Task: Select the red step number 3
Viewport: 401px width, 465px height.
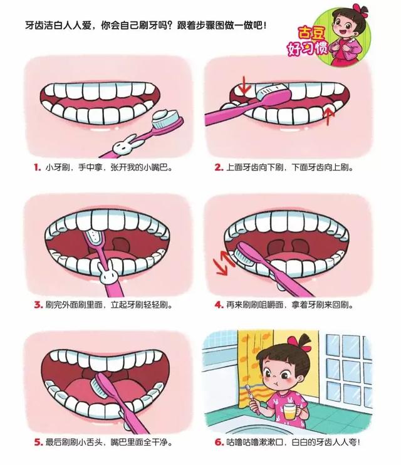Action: point(36,305)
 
